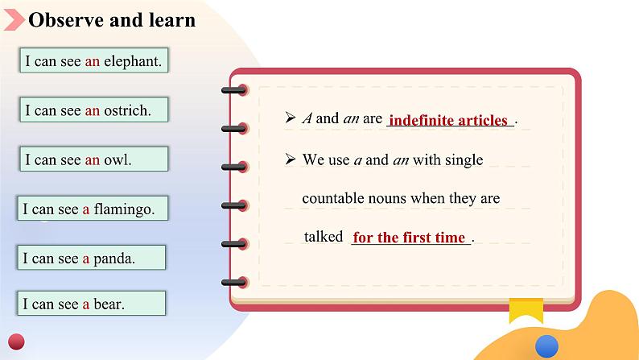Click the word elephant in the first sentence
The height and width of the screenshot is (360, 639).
(133, 61)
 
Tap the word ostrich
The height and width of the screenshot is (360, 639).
(127, 110)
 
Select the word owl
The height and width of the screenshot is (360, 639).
(117, 159)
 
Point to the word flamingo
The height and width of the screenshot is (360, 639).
(124, 209)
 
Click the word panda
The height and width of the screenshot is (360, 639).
(114, 259)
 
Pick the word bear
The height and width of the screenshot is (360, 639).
(109, 304)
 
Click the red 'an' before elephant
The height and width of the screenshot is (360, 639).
(92, 61)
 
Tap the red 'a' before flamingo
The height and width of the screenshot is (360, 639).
(85, 209)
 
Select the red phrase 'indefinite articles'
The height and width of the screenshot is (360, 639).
(448, 120)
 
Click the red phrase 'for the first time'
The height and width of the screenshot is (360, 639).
(409, 238)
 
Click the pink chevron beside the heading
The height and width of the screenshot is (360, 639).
(14, 19)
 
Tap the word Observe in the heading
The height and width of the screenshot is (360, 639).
(66, 20)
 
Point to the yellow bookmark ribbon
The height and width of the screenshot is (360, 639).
(526, 310)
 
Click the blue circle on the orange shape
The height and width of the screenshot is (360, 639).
(546, 346)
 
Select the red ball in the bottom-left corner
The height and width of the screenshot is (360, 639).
(16, 341)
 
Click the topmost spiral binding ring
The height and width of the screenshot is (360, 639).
(235, 90)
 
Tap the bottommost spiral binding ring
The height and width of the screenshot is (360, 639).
(235, 282)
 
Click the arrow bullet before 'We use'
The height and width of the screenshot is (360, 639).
(291, 159)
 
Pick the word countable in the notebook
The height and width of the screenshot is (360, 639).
(333, 198)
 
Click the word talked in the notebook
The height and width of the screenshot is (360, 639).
(324, 237)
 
